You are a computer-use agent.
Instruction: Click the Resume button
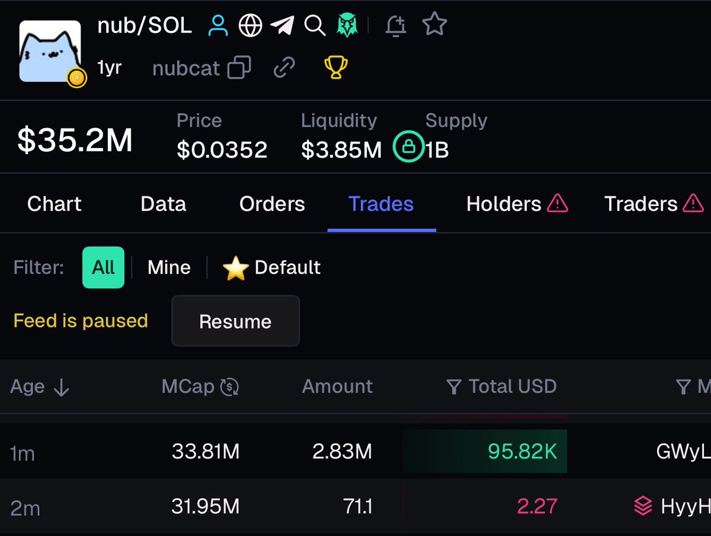point(235,321)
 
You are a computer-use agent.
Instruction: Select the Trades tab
point(381,204)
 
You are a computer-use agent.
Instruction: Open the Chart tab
point(55,204)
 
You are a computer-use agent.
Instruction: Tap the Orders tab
point(272,204)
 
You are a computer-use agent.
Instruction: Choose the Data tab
point(163,204)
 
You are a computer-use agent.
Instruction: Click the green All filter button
point(103,267)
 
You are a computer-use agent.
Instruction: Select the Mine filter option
point(169,267)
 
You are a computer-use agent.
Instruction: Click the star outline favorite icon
point(434,25)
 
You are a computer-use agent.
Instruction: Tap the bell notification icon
point(395,25)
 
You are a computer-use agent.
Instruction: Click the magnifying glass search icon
point(314,25)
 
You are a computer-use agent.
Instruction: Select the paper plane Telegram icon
point(282,25)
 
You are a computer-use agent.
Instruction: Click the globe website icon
point(250,25)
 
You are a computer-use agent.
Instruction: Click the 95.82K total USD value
point(522,452)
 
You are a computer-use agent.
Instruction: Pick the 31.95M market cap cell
point(206,506)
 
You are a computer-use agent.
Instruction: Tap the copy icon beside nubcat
point(239,69)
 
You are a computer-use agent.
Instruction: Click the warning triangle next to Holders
point(557,204)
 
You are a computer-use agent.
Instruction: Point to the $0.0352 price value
point(222,150)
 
